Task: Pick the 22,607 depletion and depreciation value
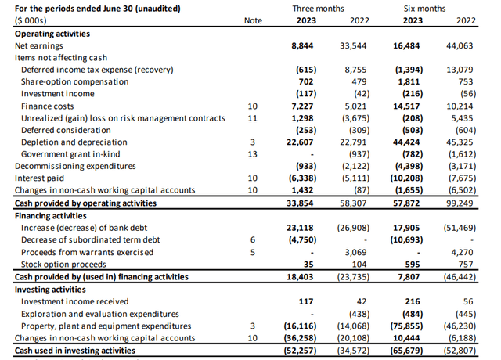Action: click(x=301, y=142)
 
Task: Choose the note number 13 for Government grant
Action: click(x=252, y=154)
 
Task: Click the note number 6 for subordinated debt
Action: click(x=252, y=239)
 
